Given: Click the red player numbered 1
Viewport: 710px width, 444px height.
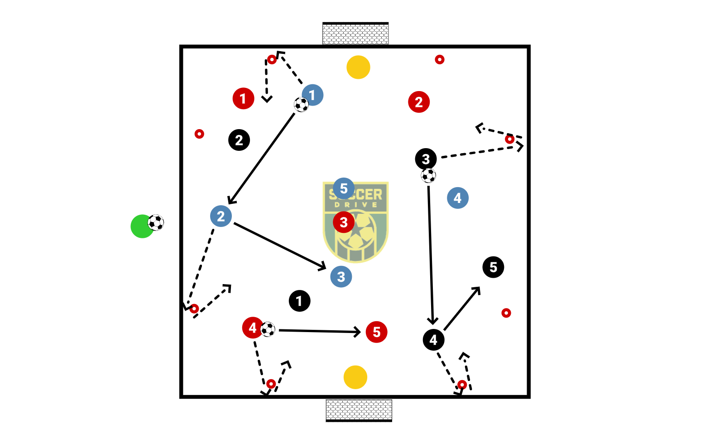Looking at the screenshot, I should (243, 98).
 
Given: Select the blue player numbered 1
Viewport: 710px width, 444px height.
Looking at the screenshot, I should (312, 95).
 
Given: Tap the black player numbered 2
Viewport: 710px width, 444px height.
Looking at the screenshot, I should (239, 140).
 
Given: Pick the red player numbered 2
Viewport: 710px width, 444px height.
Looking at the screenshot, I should (419, 102).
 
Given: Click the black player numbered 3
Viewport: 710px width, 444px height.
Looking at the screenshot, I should (426, 159).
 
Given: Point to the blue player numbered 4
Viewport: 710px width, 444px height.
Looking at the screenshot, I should (457, 198).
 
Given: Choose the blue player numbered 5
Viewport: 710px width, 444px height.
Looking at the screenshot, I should (344, 188).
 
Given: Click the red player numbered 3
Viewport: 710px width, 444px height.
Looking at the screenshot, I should (344, 222).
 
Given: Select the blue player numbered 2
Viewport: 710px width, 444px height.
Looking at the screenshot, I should (221, 216).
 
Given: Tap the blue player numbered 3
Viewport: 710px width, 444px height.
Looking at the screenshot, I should (341, 276).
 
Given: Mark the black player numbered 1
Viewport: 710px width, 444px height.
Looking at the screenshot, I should (299, 301).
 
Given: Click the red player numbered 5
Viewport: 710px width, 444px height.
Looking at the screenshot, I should (376, 332).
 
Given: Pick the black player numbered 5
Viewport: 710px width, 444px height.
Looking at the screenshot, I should (493, 267).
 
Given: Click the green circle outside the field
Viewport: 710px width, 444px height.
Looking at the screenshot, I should (142, 226).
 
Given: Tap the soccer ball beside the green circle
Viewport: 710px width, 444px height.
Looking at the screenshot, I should (156, 222).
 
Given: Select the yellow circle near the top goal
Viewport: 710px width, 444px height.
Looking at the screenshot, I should (358, 67).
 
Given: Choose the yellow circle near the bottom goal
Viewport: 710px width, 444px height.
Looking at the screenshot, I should (355, 377).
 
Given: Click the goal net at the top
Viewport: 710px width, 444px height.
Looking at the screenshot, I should (355, 34).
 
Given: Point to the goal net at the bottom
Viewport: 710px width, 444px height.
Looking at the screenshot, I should (359, 410).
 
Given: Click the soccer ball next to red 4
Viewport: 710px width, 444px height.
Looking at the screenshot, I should (268, 329).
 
